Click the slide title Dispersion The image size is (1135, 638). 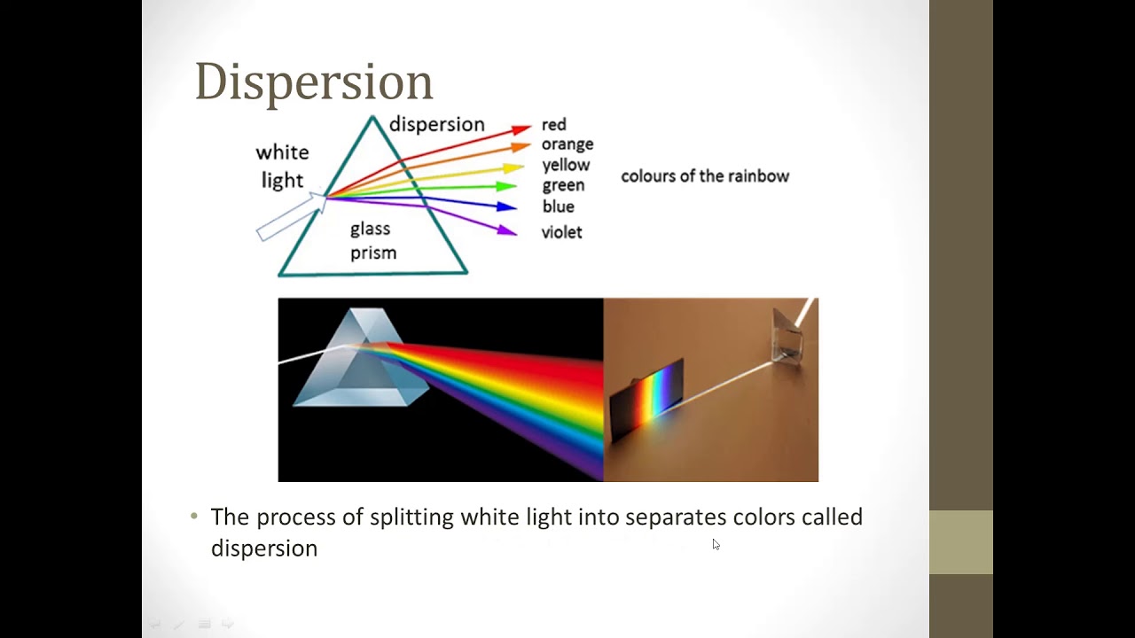tap(313, 82)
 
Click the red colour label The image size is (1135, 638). tap(553, 125)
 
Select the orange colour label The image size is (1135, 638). tap(567, 144)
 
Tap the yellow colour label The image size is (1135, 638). tap(566, 165)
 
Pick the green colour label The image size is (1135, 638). tap(563, 185)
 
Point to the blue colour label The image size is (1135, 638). tap(558, 206)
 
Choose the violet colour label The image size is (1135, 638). tap(561, 232)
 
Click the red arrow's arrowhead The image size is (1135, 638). tap(521, 129)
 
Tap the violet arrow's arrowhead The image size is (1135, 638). tap(507, 231)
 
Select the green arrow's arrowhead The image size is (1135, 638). tap(507, 186)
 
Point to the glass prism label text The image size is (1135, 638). tap(372, 241)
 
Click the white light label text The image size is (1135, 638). tap(282, 167)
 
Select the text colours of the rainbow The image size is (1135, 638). tap(704, 176)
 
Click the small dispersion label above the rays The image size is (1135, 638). tap(436, 124)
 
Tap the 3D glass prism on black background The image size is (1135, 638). tap(355, 363)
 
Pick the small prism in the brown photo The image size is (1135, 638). tap(787, 335)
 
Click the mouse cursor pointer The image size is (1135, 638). tap(716, 544)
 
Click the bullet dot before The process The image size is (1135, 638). tap(195, 517)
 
